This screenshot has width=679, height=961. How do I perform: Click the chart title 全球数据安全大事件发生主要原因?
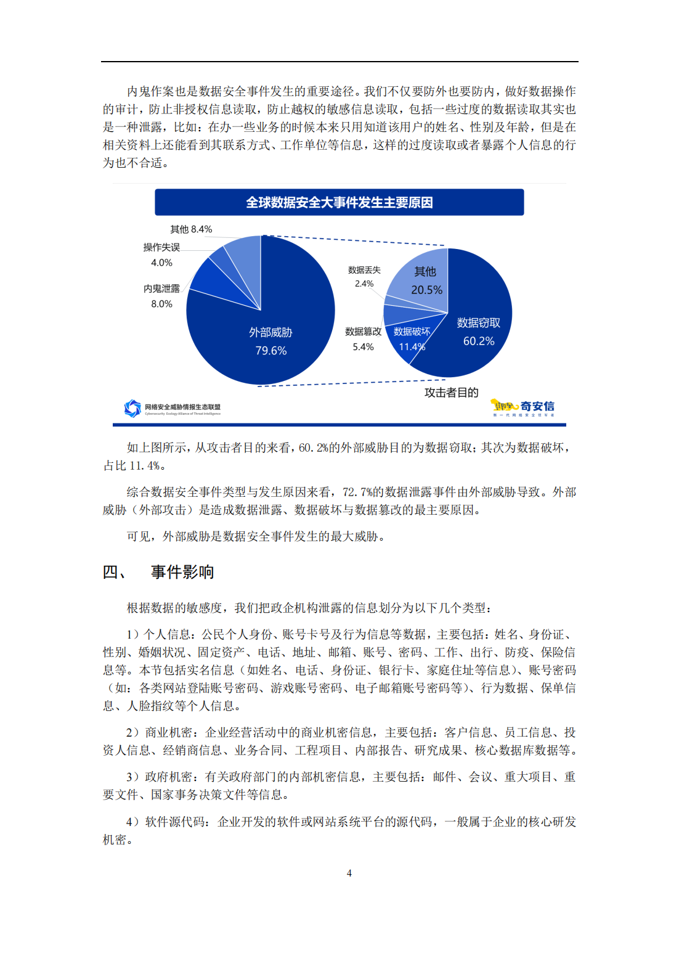pos(339,202)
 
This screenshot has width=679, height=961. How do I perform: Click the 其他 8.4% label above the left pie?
pos(191,229)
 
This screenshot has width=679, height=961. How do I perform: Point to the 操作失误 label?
pos(161,247)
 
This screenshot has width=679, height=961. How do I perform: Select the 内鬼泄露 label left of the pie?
pos(161,288)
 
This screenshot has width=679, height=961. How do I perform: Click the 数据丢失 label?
pos(364,270)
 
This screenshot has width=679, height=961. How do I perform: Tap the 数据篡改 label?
pos(363,332)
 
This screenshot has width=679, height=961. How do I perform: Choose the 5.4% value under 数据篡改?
pos(363,347)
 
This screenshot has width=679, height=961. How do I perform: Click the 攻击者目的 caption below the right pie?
pos(451,393)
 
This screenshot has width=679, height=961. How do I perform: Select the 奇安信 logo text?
pos(537,406)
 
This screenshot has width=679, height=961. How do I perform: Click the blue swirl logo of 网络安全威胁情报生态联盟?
pos(132,408)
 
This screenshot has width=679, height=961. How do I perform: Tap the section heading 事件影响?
pos(182,572)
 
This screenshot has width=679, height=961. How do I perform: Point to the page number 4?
pos(349,873)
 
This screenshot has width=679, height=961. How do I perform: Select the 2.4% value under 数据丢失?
pos(364,284)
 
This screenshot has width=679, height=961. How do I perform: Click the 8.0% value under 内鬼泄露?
pos(161,304)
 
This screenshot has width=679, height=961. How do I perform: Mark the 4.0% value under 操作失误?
pos(161,263)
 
